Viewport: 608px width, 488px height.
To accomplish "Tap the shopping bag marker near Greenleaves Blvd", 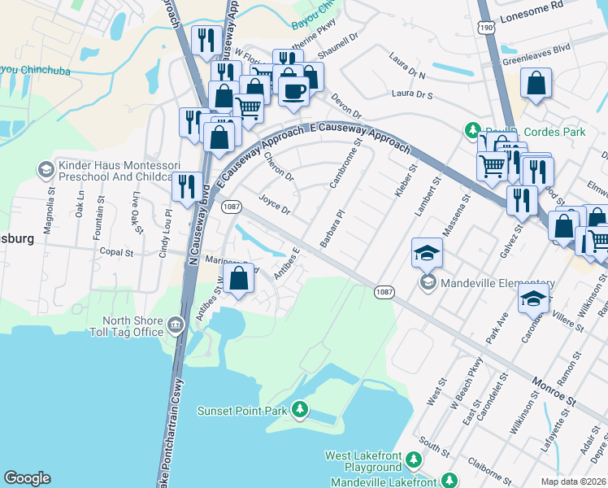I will click(536, 84).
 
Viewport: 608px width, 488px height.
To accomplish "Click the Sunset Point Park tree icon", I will click(301, 408).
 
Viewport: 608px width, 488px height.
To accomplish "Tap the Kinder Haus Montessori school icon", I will click(46, 169).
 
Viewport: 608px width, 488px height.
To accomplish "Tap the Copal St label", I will click(116, 252).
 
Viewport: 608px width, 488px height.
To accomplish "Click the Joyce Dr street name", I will click(275, 203).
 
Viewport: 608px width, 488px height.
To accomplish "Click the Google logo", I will click(28, 478).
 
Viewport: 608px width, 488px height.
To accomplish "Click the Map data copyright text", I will click(573, 481).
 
